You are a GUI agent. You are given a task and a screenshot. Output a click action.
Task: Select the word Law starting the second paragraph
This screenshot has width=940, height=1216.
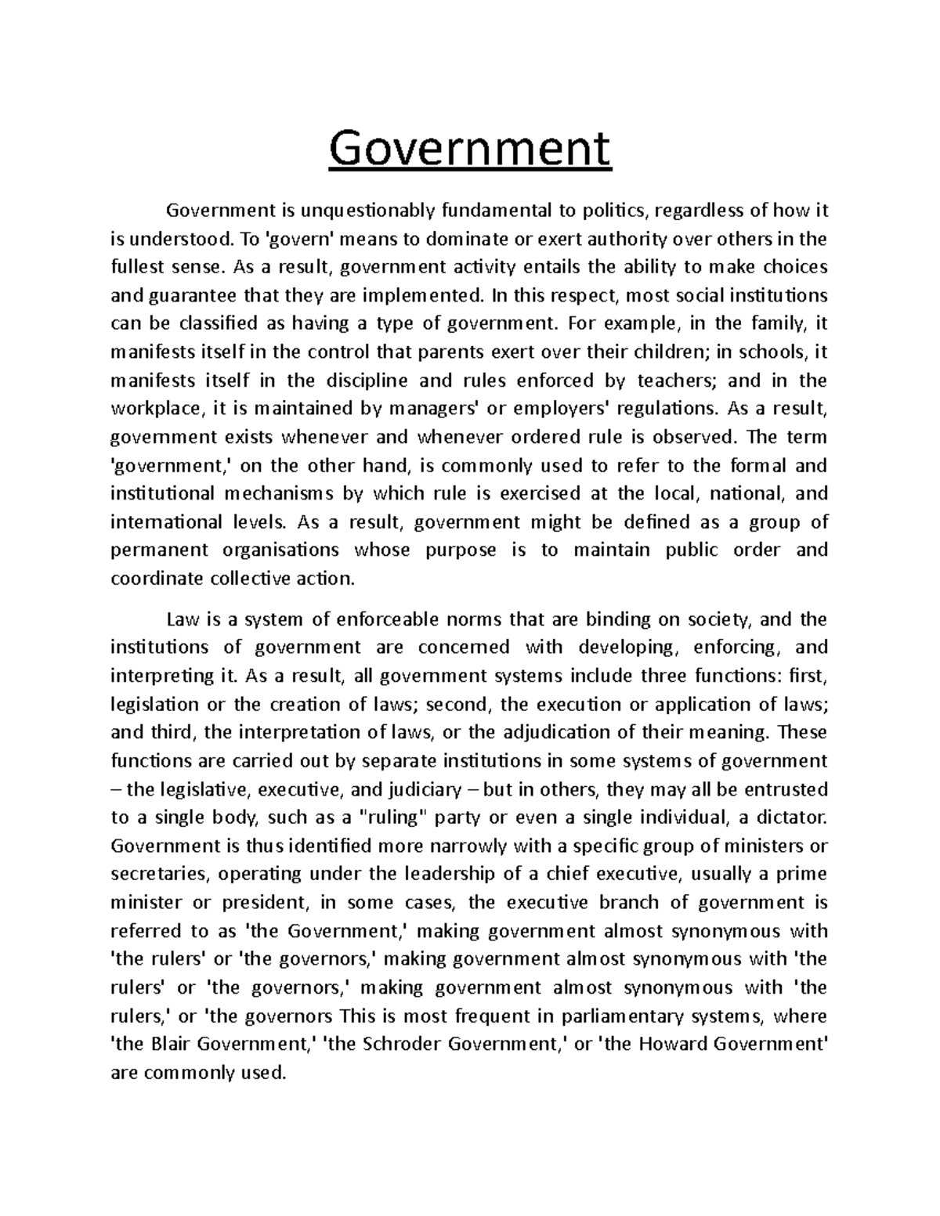point(181,619)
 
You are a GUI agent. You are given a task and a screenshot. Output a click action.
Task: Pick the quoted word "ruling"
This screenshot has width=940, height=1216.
point(393,817)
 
